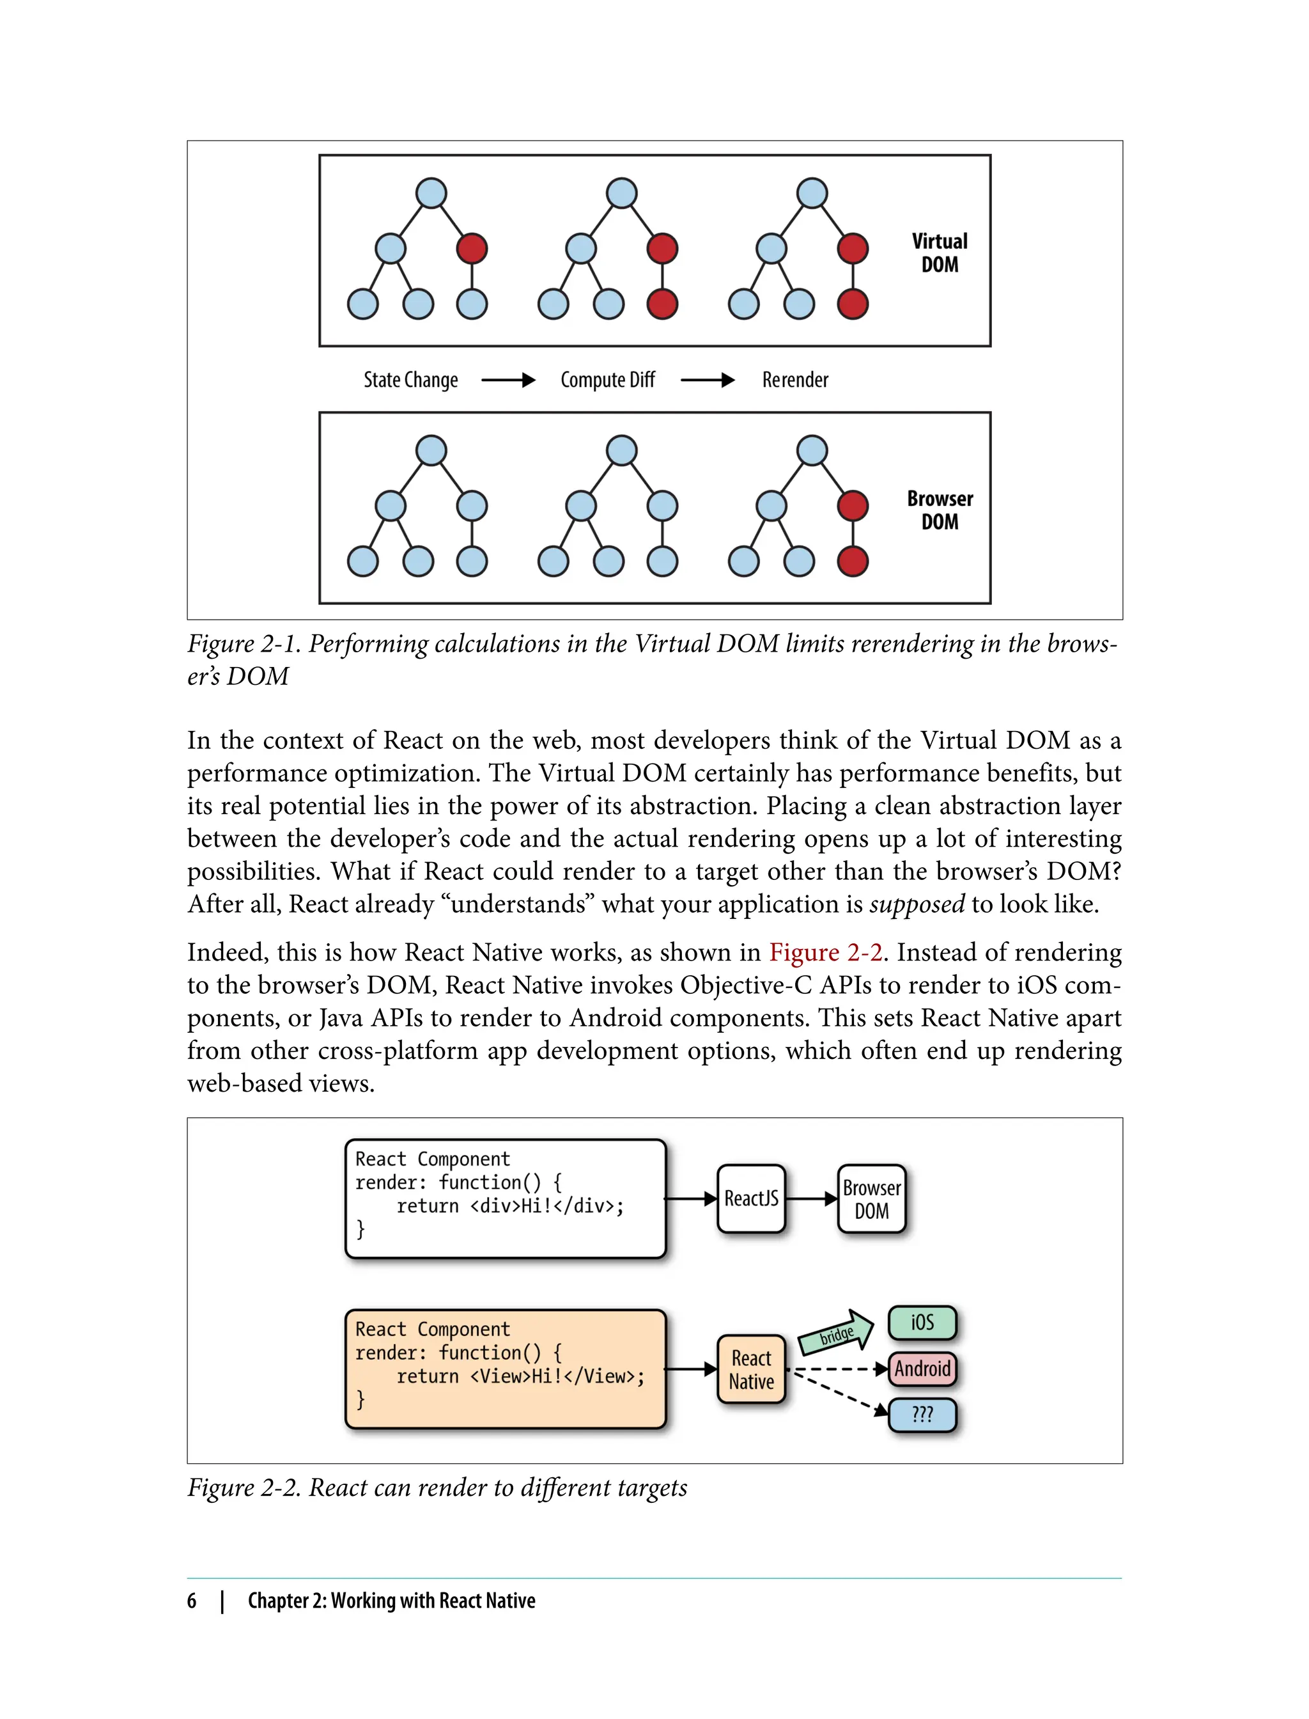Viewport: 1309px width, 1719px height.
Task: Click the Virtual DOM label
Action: tap(940, 253)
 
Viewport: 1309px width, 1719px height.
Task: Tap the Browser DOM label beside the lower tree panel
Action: tap(940, 510)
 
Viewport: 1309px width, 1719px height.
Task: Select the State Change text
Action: tap(410, 380)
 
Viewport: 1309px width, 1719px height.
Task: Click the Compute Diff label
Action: tap(608, 380)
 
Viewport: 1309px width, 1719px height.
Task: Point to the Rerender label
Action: tap(794, 380)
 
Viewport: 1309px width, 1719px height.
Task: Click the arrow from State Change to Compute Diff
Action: tap(508, 381)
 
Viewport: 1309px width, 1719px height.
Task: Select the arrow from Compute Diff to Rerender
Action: tap(708, 381)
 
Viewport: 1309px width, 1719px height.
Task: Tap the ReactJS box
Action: tap(751, 1198)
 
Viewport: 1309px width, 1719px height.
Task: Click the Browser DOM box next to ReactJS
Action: tap(871, 1198)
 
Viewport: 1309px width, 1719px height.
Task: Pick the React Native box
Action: tap(751, 1369)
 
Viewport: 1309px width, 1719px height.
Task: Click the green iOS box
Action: tap(922, 1323)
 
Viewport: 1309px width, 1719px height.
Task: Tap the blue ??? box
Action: tap(922, 1414)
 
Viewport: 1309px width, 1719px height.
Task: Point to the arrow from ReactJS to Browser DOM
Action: tap(811, 1198)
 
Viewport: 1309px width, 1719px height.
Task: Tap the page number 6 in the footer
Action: tap(192, 1601)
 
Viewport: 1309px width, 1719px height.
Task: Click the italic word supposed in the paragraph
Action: tap(917, 904)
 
